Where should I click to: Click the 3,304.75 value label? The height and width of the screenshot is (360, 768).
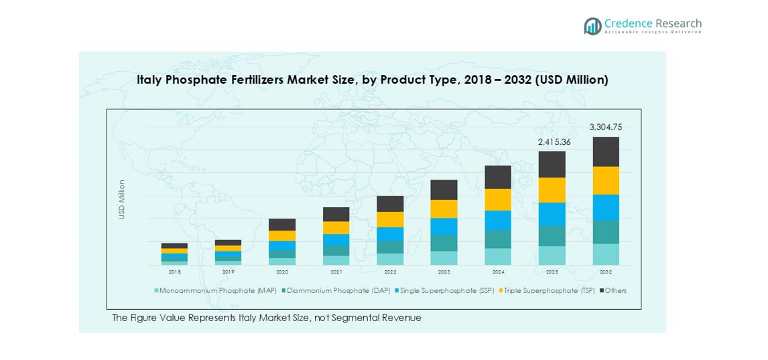[606, 127]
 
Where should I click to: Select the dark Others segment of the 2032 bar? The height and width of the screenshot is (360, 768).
[606, 152]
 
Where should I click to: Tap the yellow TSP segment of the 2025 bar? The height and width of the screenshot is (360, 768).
[552, 190]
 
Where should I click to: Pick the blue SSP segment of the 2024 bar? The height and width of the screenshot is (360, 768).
[498, 221]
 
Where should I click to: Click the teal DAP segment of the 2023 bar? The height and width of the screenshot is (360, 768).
[444, 243]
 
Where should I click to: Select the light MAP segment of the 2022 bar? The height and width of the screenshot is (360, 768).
[390, 259]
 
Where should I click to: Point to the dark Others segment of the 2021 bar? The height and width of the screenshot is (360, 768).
[336, 214]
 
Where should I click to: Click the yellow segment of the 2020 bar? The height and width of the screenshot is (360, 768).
[282, 235]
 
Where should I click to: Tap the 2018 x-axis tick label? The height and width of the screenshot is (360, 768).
[175, 272]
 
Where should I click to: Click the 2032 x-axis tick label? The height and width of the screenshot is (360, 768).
[606, 272]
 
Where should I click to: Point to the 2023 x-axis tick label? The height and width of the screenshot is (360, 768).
[444, 272]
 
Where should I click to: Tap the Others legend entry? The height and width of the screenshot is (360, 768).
[614, 291]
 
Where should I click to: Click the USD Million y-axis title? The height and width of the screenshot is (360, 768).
[122, 199]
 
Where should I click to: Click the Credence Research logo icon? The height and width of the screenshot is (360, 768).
[592, 26]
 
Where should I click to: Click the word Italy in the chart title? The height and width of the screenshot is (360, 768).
[150, 80]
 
